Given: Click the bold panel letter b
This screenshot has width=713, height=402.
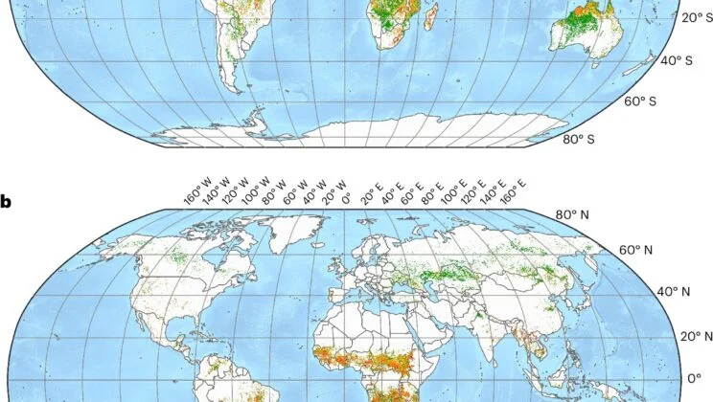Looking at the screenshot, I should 7,202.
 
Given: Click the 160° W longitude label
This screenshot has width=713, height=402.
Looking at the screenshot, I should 195,190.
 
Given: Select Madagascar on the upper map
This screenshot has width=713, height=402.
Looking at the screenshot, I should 432,16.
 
